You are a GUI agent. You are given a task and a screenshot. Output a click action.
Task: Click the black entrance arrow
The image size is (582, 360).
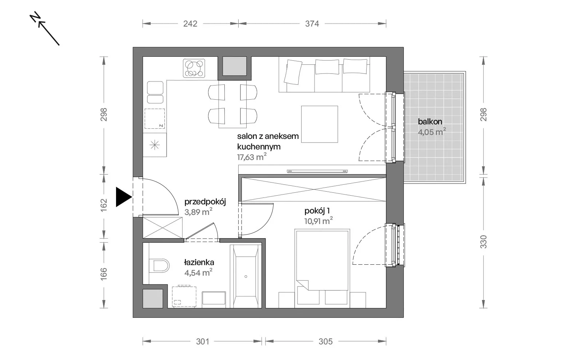coord(124,197)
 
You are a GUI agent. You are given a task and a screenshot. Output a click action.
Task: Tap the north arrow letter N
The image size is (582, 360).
coord(35,17)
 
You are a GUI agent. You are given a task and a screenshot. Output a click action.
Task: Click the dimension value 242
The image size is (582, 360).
coord(190,24)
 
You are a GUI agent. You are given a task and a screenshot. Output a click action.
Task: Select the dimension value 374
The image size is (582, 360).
coord(312,24)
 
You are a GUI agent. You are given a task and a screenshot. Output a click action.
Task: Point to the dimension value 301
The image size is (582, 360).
coord(202,341)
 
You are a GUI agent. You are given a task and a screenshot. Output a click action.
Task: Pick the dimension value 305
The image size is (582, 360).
coord(326,341)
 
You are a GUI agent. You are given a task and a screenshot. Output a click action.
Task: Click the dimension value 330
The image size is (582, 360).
coord(483,241)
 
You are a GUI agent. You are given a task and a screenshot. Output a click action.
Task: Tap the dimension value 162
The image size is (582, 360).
coord(104,205)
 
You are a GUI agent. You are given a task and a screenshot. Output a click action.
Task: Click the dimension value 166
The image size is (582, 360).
coord(104,274)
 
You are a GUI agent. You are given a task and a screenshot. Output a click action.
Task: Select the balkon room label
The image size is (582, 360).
coord(430,121)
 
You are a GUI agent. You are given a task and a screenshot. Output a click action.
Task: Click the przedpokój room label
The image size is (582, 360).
coord(205,202)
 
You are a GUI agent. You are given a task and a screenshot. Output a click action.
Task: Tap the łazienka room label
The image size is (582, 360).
coord(199,262)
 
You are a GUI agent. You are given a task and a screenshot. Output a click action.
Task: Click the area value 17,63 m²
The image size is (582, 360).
coord(251,157)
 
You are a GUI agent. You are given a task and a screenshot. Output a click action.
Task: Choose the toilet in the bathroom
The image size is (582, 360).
coord(159,265)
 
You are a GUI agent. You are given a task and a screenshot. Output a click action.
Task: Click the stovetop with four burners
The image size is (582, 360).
coord(194,68)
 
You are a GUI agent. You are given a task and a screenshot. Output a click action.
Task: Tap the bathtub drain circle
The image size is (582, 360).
coord(246,277)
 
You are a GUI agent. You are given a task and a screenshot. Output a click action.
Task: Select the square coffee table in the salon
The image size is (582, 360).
coord(320,124)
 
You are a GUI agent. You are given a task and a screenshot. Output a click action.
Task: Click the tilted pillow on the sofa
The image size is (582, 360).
coord(293,72)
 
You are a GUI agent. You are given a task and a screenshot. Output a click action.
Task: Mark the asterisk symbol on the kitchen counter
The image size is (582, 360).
coord(155,145)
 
